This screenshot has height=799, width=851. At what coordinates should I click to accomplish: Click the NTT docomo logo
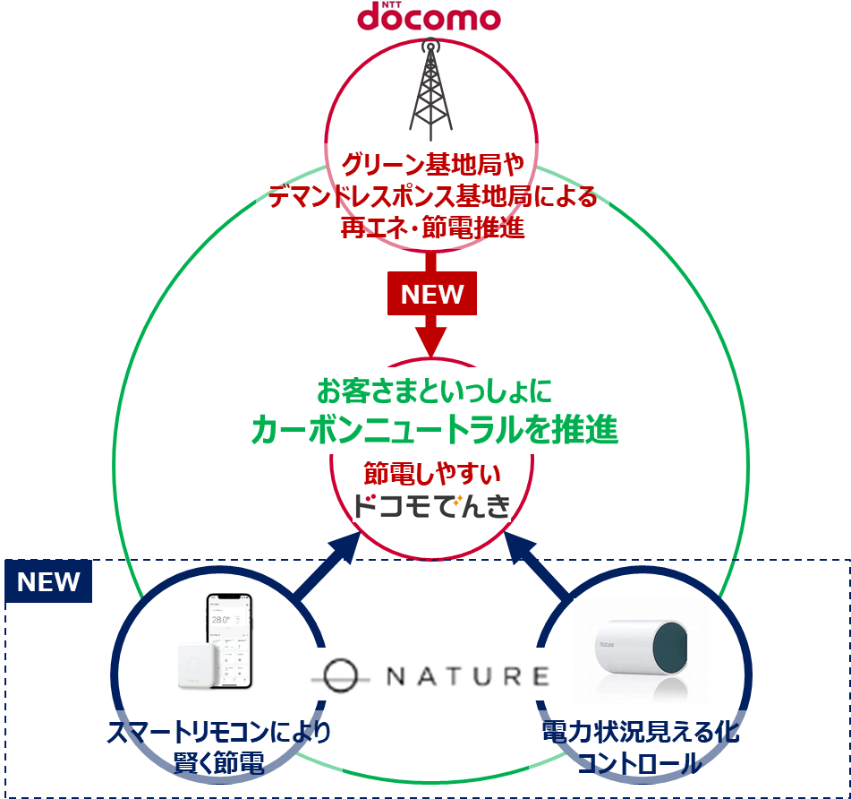point(429,17)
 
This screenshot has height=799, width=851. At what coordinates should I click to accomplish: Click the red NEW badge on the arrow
point(432,295)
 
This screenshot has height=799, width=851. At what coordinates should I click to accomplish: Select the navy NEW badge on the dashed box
point(49,582)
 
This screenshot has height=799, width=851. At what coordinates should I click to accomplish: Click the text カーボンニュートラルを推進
point(434,430)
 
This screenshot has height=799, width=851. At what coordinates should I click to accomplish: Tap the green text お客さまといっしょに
point(434,391)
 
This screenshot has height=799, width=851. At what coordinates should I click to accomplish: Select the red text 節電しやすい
point(432,472)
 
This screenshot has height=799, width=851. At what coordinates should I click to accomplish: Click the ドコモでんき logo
point(432,507)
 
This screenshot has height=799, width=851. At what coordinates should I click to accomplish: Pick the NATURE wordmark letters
point(466,675)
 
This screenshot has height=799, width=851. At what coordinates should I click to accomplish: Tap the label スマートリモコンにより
point(219,734)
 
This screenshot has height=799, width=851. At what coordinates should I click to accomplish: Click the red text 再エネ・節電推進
point(432,228)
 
